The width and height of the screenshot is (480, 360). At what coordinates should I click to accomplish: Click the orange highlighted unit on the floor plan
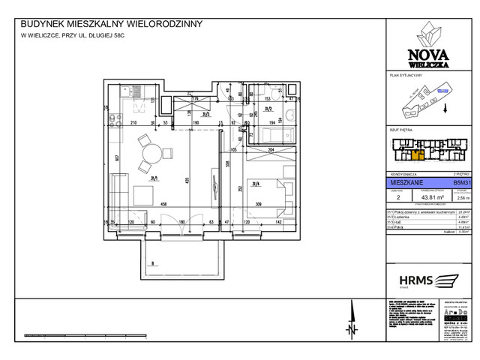(417, 156)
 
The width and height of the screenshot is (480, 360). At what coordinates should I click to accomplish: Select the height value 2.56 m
(460, 197)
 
